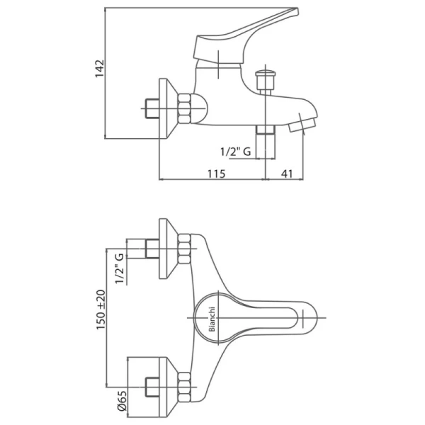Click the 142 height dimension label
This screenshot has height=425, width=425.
pyautogui.click(x=99, y=69)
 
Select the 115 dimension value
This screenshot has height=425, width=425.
pyautogui.click(x=216, y=174)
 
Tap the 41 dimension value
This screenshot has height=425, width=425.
pyautogui.click(x=287, y=174)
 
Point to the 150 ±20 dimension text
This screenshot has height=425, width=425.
pyautogui.click(x=101, y=310)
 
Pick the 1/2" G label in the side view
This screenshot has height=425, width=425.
pyautogui.click(x=236, y=152)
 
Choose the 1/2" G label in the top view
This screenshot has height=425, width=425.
pyautogui.click(x=120, y=268)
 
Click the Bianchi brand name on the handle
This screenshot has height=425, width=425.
pyautogui.click(x=212, y=319)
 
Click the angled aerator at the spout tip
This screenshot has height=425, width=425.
pyautogui.click(x=302, y=125)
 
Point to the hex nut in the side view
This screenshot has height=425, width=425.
pyautogui.click(x=184, y=108)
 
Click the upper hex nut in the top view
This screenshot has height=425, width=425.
pyautogui.click(x=184, y=249)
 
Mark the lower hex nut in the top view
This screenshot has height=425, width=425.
pyautogui.click(x=184, y=387)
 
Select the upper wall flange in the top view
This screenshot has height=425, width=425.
pyautogui.click(x=168, y=249)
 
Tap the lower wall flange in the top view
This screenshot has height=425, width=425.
pyautogui.click(x=168, y=387)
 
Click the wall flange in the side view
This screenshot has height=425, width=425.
pyautogui.click(x=168, y=108)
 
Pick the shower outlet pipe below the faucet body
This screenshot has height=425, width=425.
pyautogui.click(x=266, y=142)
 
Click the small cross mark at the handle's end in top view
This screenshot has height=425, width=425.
pyautogui.click(x=302, y=317)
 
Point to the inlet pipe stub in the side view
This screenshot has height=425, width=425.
pyautogui.click(x=152, y=108)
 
